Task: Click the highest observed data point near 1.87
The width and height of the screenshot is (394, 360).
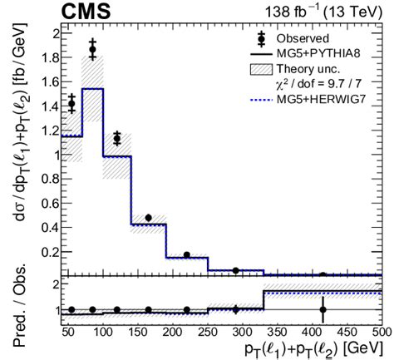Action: [93, 50]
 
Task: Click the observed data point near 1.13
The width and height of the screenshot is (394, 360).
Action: [117, 139]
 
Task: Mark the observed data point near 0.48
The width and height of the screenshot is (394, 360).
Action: [148, 218]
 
